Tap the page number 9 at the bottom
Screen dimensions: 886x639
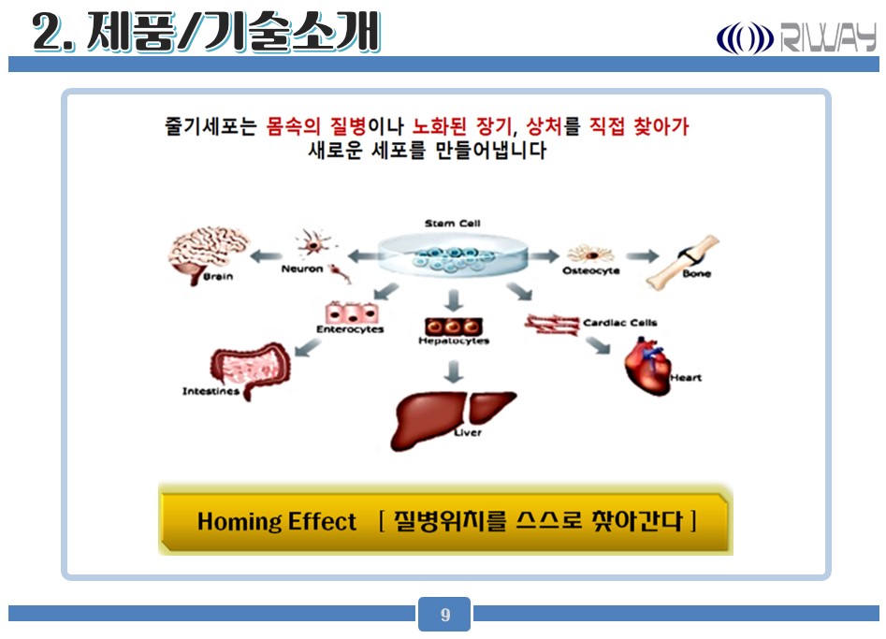point(444,615)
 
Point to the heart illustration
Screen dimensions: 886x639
point(647,366)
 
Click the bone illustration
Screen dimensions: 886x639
point(683,263)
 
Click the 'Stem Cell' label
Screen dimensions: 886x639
point(452,224)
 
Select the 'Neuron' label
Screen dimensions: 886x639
point(302,269)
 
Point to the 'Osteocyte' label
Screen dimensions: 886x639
point(591,270)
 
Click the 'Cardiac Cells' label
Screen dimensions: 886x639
point(620,323)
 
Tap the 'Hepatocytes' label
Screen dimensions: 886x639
point(453,341)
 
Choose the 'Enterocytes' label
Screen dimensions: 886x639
point(350,329)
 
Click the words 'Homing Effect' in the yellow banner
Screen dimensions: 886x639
point(276,521)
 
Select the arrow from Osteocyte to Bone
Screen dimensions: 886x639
point(643,256)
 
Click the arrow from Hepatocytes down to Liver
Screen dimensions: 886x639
point(453,371)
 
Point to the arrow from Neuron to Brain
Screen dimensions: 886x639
point(266,256)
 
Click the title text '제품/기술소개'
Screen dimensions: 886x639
point(233,33)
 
